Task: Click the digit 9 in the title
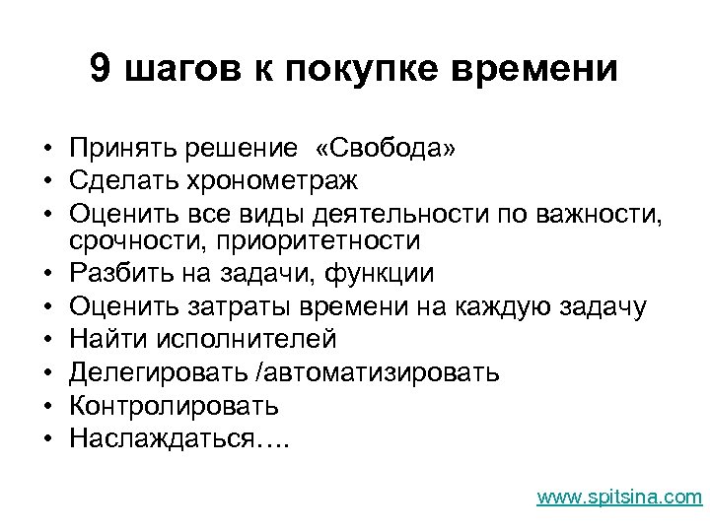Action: (100, 69)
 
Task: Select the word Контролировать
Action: (174, 405)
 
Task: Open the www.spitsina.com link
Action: (619, 497)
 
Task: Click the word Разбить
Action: (119, 273)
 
